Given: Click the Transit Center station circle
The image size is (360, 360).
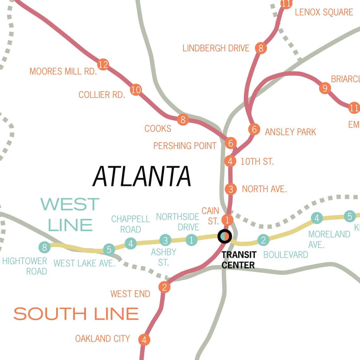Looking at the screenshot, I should (x=225, y=236).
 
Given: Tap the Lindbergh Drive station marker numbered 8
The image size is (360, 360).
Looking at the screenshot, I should (x=261, y=48).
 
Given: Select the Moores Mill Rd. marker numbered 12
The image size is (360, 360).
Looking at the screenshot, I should (x=103, y=64).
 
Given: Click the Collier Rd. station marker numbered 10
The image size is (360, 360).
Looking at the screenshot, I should (x=136, y=90).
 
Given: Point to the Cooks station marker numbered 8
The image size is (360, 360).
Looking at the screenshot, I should (x=183, y=120).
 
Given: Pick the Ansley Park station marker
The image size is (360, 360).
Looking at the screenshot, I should (x=254, y=129).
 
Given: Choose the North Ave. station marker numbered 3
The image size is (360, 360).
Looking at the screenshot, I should (x=231, y=189).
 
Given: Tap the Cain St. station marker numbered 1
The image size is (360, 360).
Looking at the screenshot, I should (x=227, y=220).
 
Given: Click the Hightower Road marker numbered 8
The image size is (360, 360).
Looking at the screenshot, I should (x=45, y=247).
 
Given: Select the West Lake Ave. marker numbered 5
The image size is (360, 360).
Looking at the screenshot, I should (x=109, y=249).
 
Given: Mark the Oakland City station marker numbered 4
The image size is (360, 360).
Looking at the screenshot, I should (x=144, y=340).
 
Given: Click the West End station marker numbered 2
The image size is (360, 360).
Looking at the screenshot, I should (x=164, y=287).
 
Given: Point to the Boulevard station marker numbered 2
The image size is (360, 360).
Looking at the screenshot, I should (x=263, y=240).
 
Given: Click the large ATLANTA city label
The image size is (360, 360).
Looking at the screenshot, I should (x=142, y=176).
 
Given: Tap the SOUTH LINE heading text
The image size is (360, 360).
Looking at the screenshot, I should (x=76, y=314).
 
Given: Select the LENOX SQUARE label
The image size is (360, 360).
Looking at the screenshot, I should (x=324, y=12).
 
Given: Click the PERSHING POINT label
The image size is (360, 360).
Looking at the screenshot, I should (x=185, y=146).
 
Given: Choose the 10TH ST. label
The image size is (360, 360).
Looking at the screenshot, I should (x=257, y=162).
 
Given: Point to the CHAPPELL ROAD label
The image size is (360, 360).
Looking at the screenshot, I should (x=130, y=224).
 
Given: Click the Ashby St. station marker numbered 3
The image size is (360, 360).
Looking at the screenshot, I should (x=165, y=240).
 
